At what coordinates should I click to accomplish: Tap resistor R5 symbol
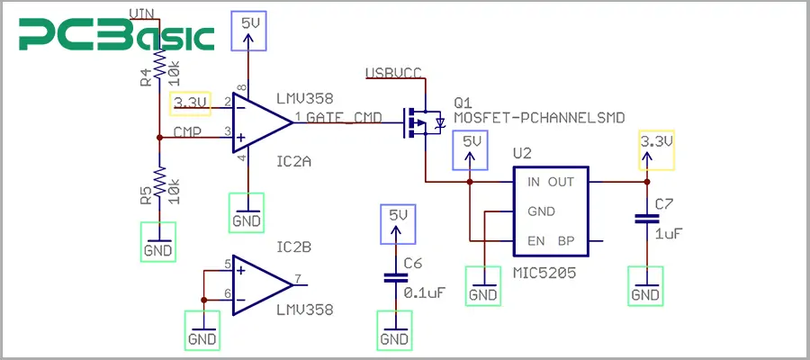(x=159, y=184)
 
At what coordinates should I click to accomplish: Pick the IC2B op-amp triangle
(x=261, y=284)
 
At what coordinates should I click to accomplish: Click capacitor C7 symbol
(x=644, y=218)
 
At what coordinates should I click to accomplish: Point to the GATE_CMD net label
(x=351, y=117)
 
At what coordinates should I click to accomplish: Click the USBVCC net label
(x=393, y=72)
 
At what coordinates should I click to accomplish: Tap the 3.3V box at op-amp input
(x=191, y=103)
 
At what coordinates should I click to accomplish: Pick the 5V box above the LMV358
(x=248, y=26)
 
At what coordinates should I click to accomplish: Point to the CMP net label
(x=186, y=131)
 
